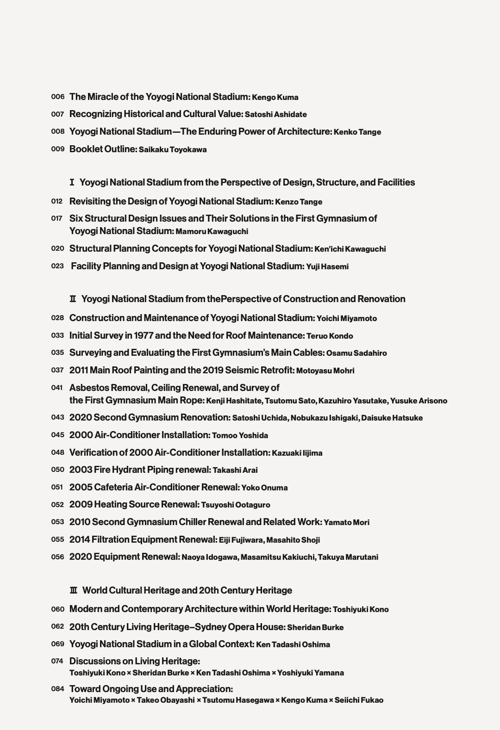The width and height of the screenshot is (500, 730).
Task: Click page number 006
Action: [x=57, y=97]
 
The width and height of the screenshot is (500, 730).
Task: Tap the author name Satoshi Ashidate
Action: [x=275, y=114]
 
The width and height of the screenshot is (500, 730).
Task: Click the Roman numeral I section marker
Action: [x=72, y=182]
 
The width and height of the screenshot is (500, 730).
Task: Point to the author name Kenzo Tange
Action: [x=299, y=202]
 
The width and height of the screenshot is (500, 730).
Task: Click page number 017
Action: [x=57, y=218]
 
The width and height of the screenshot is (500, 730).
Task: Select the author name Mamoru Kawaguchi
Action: [x=212, y=231]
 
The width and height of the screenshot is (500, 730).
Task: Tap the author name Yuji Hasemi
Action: [x=327, y=266]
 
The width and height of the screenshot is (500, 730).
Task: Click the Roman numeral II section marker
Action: [x=73, y=299]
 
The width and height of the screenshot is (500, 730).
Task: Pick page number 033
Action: [x=57, y=335]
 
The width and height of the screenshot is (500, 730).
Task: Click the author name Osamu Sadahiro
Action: [x=356, y=353]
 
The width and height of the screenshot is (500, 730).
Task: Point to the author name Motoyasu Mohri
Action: [x=325, y=371]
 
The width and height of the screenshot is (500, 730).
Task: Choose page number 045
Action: [x=57, y=435]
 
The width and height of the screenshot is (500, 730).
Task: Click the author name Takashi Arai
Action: [x=235, y=470]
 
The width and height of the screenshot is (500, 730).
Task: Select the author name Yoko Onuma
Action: [x=264, y=488]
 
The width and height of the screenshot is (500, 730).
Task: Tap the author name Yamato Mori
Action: [x=346, y=522]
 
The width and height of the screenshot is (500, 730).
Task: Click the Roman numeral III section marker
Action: [x=73, y=590]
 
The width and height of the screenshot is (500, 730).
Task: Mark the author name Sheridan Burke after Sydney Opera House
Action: [x=315, y=627]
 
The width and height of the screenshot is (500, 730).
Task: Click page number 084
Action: [x=57, y=689]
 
